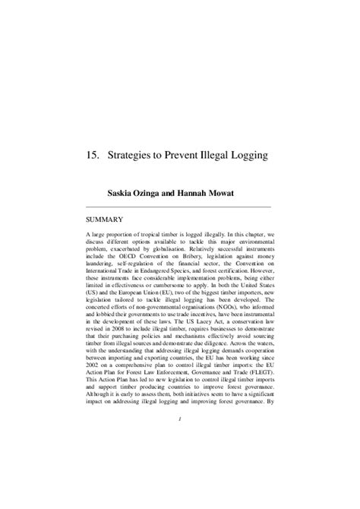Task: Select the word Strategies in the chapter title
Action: (x=137, y=155)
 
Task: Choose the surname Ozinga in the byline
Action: (x=167, y=193)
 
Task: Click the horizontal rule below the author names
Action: (x=179, y=206)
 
